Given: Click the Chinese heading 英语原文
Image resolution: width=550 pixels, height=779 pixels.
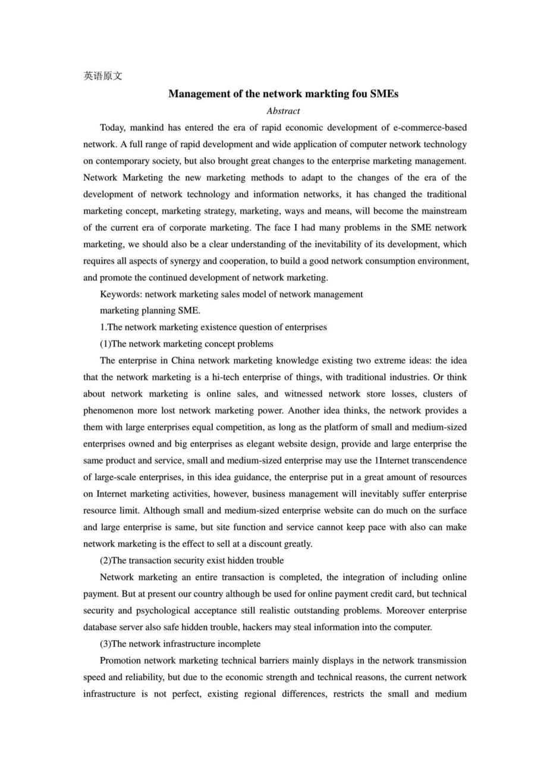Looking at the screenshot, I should [x=102, y=76].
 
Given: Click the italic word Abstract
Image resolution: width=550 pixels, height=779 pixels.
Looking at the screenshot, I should [x=284, y=111].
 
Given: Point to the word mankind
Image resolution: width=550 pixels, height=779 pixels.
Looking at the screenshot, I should [x=146, y=127].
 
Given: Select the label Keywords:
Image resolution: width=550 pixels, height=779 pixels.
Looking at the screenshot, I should [x=121, y=294].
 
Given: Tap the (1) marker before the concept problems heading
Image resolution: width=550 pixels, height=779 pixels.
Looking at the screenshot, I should [x=105, y=344].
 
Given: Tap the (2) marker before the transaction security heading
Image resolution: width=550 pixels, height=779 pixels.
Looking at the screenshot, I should [x=105, y=561].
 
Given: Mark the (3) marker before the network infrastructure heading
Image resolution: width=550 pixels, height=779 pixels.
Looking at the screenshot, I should [x=105, y=644].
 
